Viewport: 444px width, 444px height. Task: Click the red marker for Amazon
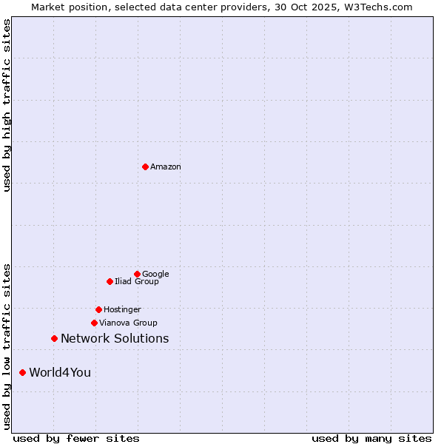click(145, 166)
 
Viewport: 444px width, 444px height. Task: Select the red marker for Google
click(137, 274)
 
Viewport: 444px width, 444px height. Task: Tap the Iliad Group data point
click(110, 281)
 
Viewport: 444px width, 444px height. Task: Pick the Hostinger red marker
click(98, 309)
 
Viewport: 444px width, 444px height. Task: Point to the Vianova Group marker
click(94, 323)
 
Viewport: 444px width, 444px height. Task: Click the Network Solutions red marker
click(54, 338)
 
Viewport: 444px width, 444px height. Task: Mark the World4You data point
click(22, 372)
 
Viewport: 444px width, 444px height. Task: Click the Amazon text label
click(166, 166)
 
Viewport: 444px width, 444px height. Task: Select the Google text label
click(155, 274)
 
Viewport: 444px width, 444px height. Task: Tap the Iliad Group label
click(137, 281)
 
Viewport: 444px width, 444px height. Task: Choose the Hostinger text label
click(122, 309)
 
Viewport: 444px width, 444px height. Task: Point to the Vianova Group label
click(128, 323)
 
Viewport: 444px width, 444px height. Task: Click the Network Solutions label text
click(115, 338)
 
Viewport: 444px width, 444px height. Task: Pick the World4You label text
click(60, 372)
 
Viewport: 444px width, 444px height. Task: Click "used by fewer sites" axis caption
click(76, 438)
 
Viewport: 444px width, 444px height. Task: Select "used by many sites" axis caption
click(371, 438)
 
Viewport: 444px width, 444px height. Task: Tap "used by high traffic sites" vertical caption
click(7, 105)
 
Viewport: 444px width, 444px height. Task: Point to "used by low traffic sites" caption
click(7, 346)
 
